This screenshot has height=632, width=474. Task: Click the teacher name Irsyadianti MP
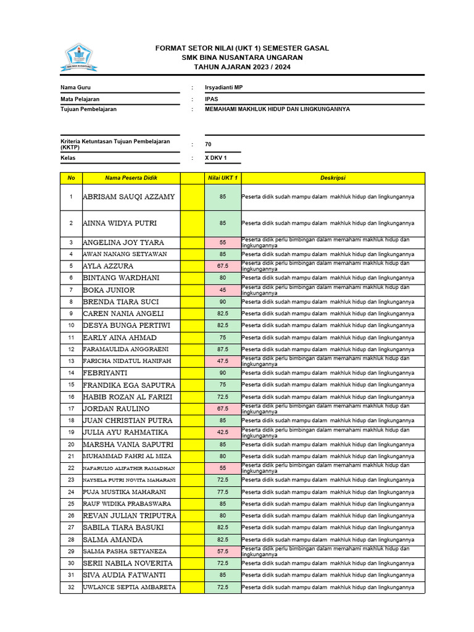click(x=224, y=88)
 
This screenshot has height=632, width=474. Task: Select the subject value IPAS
click(x=212, y=99)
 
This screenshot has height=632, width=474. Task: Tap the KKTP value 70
click(x=208, y=144)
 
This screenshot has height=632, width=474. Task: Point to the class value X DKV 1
click(x=216, y=158)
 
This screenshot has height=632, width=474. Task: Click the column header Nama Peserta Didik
click(x=131, y=178)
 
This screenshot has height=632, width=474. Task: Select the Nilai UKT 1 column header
click(x=222, y=178)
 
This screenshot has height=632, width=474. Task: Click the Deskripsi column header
click(x=332, y=178)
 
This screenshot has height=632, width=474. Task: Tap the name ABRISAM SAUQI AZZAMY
click(x=129, y=197)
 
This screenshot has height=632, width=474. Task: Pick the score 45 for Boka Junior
click(x=222, y=290)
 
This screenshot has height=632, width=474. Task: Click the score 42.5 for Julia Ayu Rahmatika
click(x=222, y=433)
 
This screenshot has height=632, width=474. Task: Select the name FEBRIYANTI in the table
click(x=105, y=373)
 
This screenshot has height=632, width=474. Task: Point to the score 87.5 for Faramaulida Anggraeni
click(x=222, y=349)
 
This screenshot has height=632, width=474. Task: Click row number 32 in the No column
click(x=71, y=587)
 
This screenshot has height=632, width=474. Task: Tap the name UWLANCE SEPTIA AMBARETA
click(x=130, y=587)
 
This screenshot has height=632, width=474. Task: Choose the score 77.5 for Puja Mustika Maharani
click(x=222, y=492)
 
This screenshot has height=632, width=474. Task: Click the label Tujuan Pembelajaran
click(x=88, y=109)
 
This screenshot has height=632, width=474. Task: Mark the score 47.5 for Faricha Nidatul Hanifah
click(x=222, y=361)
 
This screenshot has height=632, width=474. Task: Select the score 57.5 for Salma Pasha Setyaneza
click(x=222, y=551)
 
